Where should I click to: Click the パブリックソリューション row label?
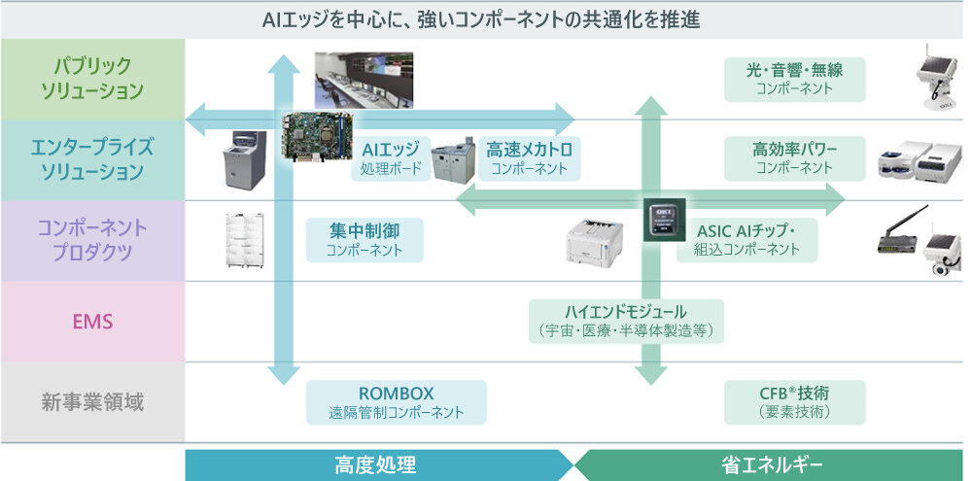(x=92, y=79)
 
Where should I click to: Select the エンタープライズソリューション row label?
(x=92, y=159)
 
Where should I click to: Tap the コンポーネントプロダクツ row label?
(x=92, y=240)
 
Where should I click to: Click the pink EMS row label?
(x=92, y=321)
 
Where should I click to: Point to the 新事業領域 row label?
(x=92, y=401)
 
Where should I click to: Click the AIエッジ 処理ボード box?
(x=390, y=158)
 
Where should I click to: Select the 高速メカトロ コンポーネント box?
(x=529, y=158)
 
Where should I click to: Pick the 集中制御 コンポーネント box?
(x=364, y=239)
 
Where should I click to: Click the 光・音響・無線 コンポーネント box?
(x=794, y=79)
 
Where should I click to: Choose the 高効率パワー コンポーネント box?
(x=794, y=158)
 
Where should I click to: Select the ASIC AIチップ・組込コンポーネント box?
(x=746, y=239)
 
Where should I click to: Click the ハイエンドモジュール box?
(x=626, y=321)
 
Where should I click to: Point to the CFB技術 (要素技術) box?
(x=794, y=402)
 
